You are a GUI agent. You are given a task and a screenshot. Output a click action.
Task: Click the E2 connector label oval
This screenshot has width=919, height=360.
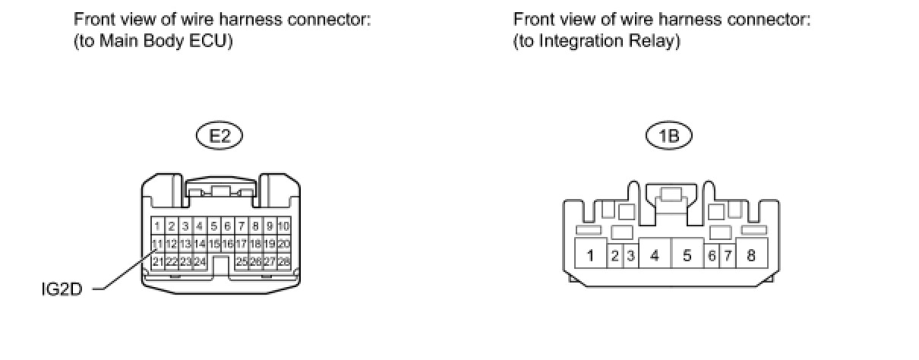219,136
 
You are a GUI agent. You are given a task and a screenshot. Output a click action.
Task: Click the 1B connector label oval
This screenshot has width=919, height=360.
669,136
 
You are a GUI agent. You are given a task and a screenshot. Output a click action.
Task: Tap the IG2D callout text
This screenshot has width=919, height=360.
66,289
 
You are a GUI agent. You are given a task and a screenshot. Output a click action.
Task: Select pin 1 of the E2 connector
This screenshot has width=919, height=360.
157,226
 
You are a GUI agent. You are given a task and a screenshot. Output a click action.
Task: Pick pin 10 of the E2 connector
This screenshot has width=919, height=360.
284,226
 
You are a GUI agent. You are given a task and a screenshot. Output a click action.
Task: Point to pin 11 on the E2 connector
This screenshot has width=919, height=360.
157,244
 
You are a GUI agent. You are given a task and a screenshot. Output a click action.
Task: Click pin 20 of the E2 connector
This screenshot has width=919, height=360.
284,244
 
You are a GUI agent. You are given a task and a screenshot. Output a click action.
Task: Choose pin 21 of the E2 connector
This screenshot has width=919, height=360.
157,261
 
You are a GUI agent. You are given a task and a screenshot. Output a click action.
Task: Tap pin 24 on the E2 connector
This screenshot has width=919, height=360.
200,261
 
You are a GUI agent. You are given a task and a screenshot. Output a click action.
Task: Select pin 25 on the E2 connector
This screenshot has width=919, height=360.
242,261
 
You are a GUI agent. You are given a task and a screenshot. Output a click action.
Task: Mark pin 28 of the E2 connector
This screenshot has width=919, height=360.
284,261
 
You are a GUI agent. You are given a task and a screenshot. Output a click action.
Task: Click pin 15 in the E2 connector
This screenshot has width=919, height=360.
214,244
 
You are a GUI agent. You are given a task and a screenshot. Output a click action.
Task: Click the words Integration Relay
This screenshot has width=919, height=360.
606,41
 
